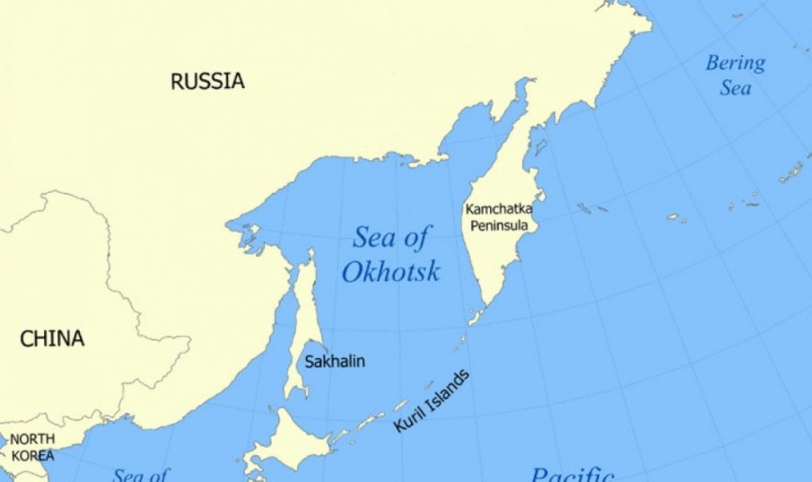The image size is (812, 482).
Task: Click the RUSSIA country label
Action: pos(207,82)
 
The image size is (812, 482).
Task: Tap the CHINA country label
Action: pos(53,339)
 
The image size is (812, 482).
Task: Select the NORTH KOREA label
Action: pos(32,447)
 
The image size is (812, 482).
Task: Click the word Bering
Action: pos(735,64)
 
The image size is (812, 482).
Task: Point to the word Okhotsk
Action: pos(390,271)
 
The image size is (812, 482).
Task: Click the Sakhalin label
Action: pos(335,363)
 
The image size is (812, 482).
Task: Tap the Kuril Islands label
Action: pos(431,401)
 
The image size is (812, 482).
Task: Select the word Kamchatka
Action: pos(499,208)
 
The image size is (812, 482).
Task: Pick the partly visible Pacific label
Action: pos(572,473)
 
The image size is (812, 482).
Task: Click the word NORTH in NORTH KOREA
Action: pos(32,439)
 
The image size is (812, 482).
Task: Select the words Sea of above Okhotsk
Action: pos(390,239)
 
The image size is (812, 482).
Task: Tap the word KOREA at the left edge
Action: pos(32,456)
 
